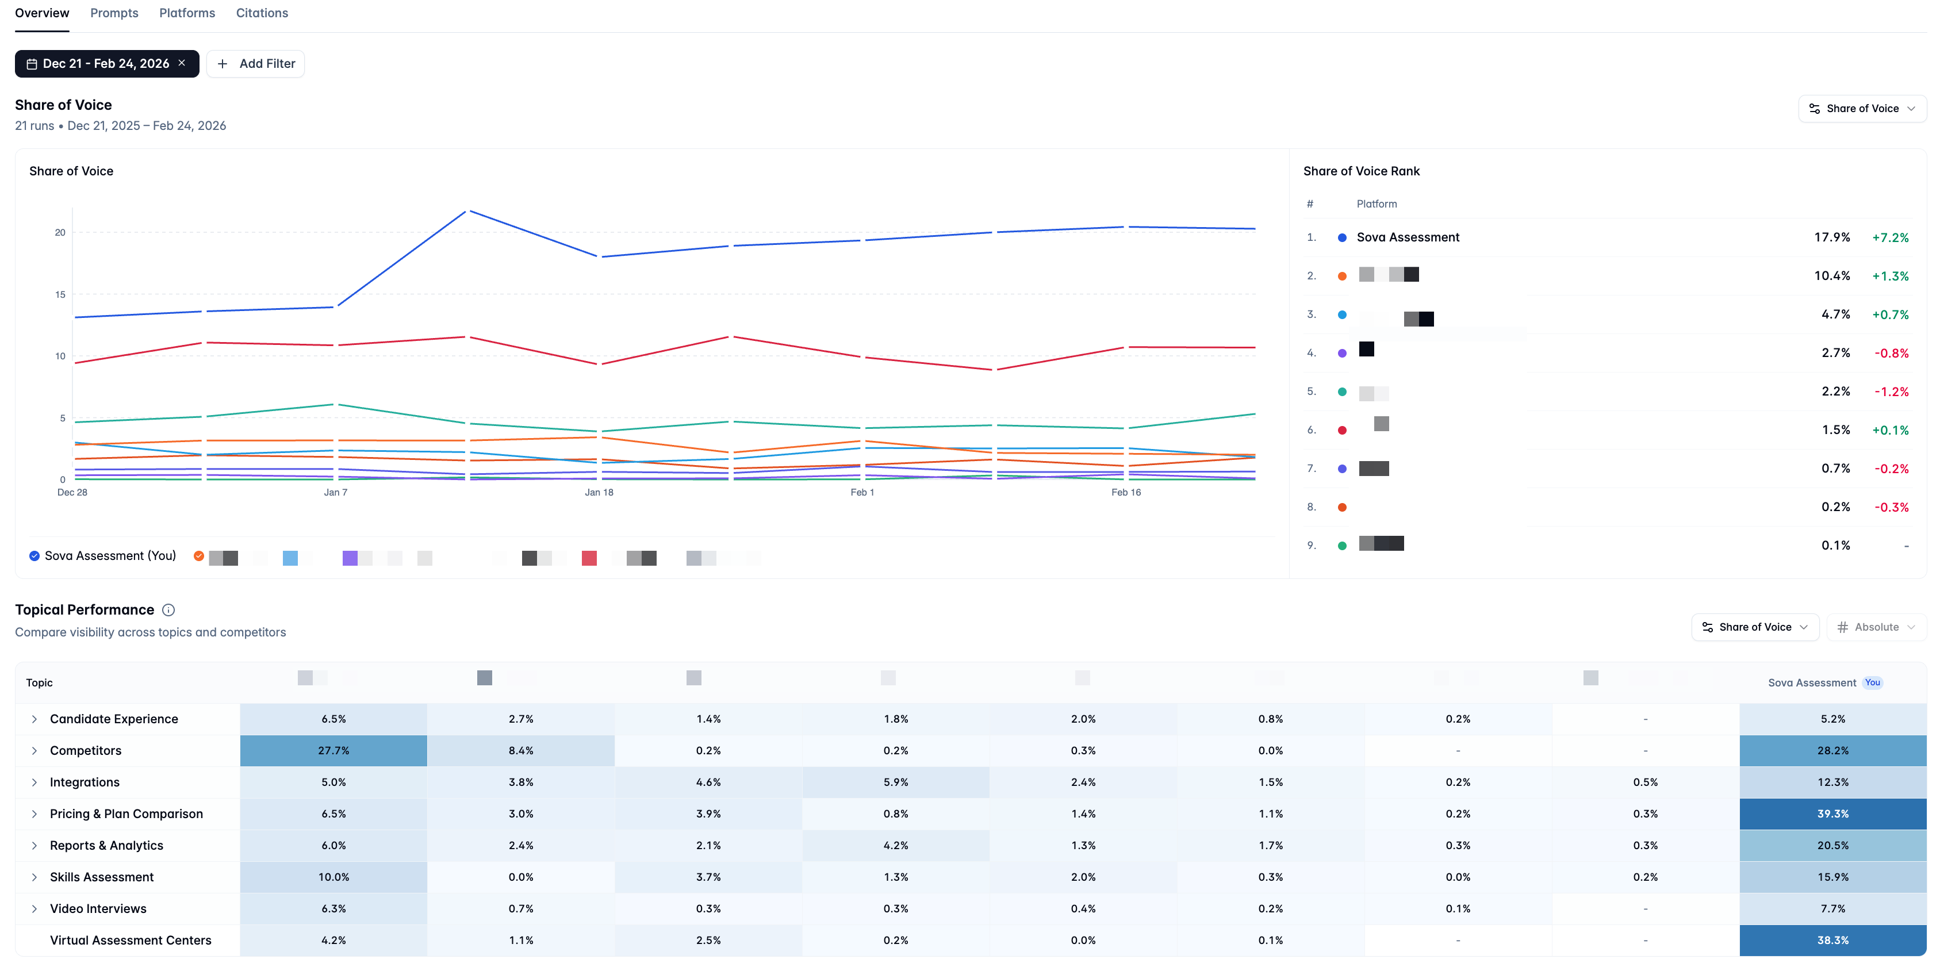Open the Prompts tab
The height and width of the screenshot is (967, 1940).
(114, 13)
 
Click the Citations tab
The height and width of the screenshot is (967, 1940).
(261, 13)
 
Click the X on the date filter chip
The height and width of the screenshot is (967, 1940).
(182, 63)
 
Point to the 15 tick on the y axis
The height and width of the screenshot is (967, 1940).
(60, 294)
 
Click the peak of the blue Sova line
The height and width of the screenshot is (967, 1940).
(469, 211)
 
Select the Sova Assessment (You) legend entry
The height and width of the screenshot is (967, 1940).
(102, 556)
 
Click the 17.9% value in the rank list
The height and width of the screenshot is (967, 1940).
(1831, 237)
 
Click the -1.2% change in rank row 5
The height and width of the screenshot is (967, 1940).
(1891, 392)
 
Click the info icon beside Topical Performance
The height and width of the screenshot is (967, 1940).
(168, 610)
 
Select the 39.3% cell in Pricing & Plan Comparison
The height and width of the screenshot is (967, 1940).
(1832, 814)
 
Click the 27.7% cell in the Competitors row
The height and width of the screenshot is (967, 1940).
(333, 751)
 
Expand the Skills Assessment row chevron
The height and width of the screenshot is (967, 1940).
(34, 877)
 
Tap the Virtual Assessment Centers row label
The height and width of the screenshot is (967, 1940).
(131, 941)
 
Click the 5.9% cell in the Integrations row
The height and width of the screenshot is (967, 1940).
(895, 782)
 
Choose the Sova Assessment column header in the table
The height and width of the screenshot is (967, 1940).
(1811, 683)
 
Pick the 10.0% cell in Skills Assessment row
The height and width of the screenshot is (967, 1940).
(333, 877)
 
